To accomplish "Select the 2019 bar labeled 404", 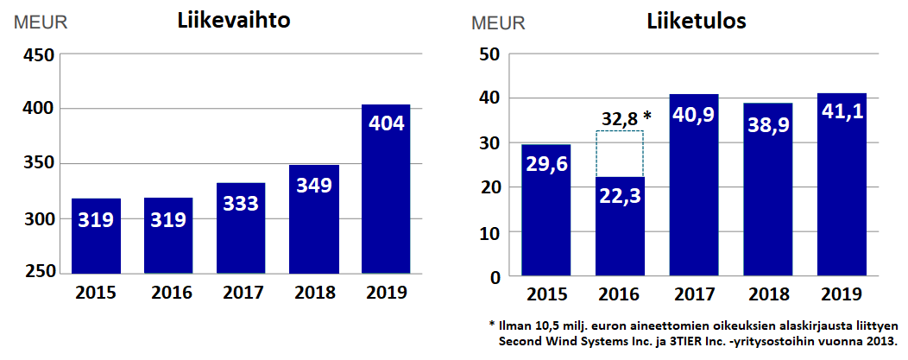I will coord(386,189).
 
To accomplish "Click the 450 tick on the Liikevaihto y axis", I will coord(37,55).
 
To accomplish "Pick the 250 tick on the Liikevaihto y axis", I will coord(37,273).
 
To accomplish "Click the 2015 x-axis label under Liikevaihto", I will coord(96,294).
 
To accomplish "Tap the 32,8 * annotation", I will coord(626,117).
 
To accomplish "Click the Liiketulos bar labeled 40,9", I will coord(694,186).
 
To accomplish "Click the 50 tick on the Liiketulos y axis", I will coord(489,54).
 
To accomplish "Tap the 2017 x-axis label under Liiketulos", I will coord(694,294).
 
